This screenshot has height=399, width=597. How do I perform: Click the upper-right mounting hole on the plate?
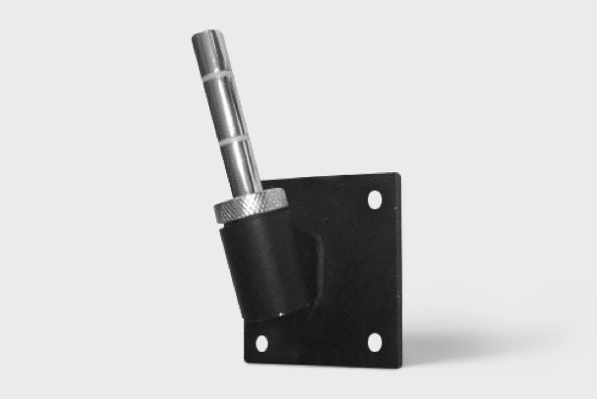[x=374, y=199]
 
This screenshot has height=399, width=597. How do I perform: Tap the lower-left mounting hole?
[x=261, y=343]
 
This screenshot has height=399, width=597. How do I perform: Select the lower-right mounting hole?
[x=374, y=342]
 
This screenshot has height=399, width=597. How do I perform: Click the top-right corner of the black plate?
[x=398, y=175]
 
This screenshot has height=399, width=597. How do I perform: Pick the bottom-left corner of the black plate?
[x=245, y=363]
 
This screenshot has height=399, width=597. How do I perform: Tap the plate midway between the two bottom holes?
[x=318, y=343]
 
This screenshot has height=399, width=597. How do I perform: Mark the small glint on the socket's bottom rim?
[x=285, y=315]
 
